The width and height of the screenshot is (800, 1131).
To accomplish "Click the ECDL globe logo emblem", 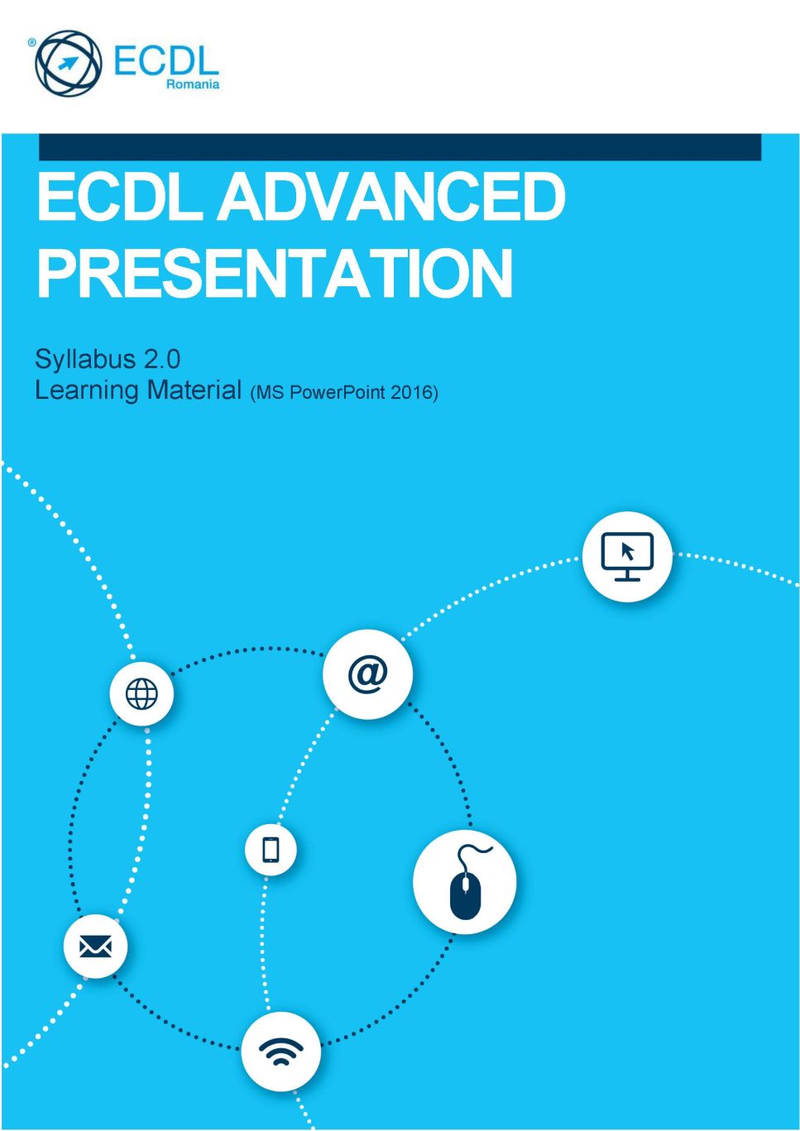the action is [x=68, y=63].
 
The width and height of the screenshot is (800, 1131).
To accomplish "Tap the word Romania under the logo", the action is [x=193, y=84].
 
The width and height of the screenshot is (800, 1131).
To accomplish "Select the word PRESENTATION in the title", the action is [x=275, y=273].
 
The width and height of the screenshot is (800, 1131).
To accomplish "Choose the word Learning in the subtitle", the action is [x=87, y=391].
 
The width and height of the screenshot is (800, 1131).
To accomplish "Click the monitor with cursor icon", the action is [x=627, y=557].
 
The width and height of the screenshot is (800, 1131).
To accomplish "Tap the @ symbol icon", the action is [x=367, y=674].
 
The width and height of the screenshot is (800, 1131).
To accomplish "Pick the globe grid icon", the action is [x=141, y=694].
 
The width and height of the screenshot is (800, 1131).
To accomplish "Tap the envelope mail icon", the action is [x=95, y=946].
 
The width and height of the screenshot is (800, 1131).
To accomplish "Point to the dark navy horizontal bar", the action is [x=400, y=147].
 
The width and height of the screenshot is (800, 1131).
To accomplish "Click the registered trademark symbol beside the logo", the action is [x=31, y=43].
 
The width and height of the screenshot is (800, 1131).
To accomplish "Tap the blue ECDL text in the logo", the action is [x=166, y=61].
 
